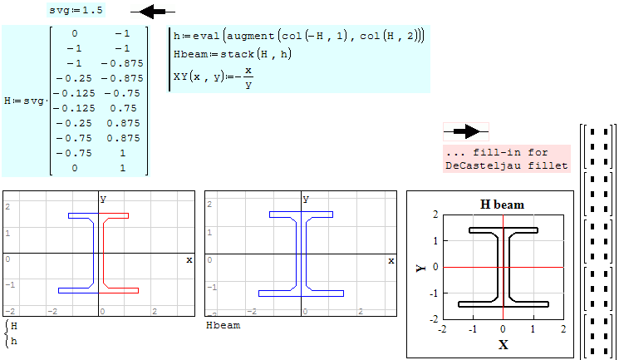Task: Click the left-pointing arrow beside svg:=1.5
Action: [x=158, y=12]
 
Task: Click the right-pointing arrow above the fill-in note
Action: [x=465, y=131]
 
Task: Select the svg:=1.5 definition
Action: [x=76, y=12]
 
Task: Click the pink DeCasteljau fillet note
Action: [x=507, y=159]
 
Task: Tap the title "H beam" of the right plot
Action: [x=502, y=205]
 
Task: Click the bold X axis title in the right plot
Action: [x=503, y=344]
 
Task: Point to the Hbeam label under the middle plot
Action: [x=223, y=326]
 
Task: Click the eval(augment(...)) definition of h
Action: [x=297, y=35]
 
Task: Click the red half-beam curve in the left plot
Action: [x=104, y=249]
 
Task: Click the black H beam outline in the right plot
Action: [x=497, y=266]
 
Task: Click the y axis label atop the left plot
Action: [x=105, y=198]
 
